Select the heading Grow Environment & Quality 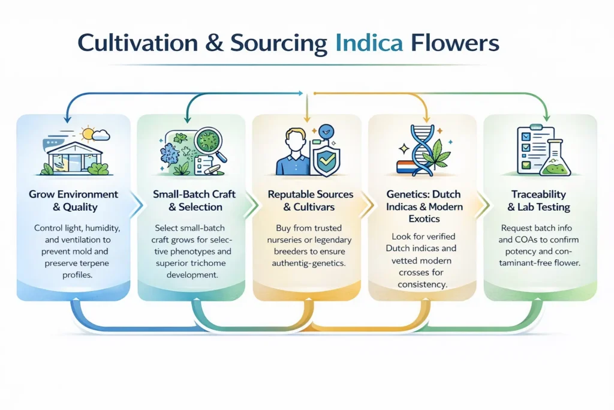tap(74, 200)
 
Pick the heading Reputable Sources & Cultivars tap(311, 200)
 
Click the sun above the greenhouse tap(88, 133)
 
